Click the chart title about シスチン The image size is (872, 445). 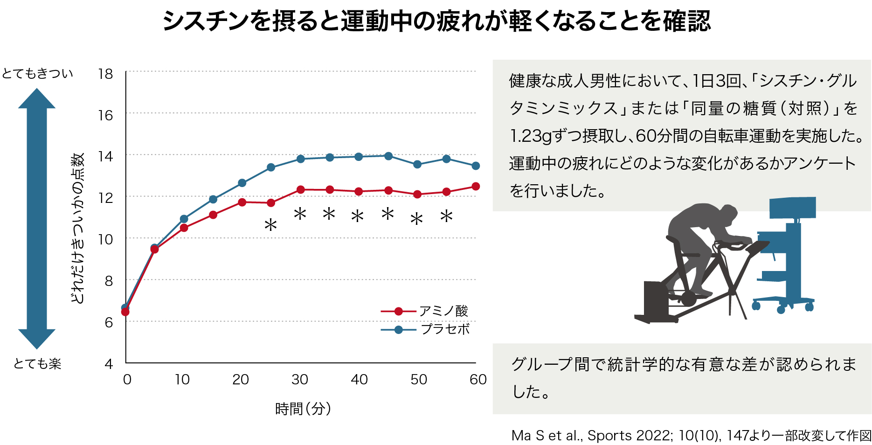436,21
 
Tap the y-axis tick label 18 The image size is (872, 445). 105,74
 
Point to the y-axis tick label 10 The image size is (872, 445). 105,239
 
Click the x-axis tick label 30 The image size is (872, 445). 299,380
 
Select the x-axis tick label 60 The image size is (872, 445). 478,380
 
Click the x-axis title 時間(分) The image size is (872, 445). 303,409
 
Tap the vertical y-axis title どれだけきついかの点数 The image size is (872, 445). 77,229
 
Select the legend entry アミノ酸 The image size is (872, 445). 443,311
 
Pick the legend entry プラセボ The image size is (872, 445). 445,329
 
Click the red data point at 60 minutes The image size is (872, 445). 476,187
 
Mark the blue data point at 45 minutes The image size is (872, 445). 388,156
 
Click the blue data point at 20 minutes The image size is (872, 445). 242,183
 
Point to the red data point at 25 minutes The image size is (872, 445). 271,203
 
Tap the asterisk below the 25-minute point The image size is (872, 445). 270,226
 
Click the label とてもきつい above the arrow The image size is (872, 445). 37,74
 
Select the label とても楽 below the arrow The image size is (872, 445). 37,363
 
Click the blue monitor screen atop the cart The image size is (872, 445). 792,208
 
